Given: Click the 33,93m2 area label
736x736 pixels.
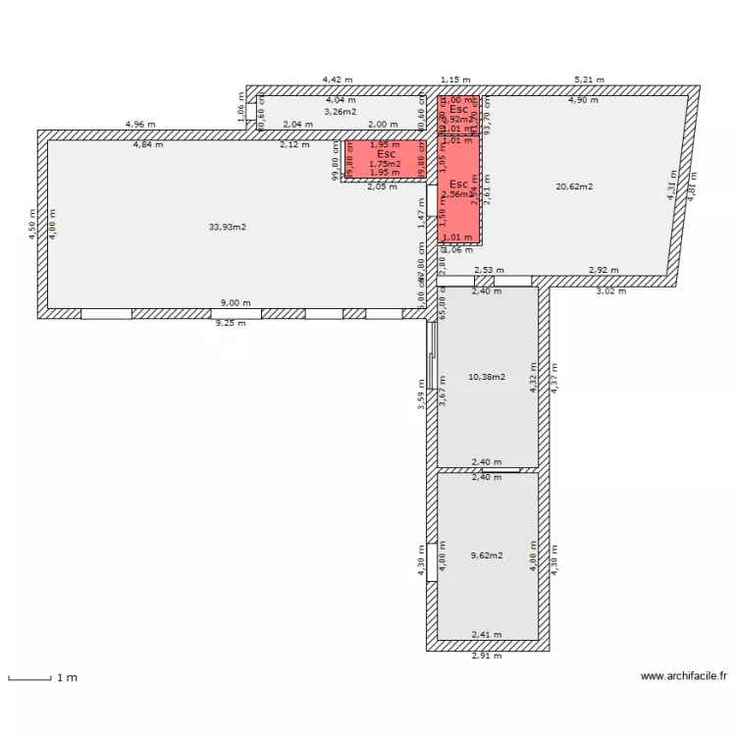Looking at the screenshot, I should (x=227, y=227).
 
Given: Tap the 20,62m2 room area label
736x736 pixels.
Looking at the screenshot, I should (x=574, y=185).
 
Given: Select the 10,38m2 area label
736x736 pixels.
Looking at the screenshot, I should (x=487, y=377).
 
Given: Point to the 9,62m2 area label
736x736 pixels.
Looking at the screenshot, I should (x=487, y=555).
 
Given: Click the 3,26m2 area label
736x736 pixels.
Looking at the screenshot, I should (x=341, y=111).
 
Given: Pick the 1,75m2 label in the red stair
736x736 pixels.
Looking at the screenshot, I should (x=385, y=164).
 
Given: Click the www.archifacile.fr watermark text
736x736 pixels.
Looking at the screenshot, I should (x=684, y=676).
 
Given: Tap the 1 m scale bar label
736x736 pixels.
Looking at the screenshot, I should (x=67, y=678).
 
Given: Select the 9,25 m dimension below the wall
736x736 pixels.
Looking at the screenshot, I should (x=233, y=323).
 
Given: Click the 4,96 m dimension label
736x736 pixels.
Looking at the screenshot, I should (x=140, y=125).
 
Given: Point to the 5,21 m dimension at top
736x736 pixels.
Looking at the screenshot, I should (x=589, y=80).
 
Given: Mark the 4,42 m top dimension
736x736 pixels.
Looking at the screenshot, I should (x=339, y=80).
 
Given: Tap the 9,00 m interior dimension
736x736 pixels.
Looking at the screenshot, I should (x=233, y=304).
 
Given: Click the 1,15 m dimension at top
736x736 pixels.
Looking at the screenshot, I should (x=455, y=80).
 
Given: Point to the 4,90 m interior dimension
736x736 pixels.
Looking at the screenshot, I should (x=583, y=100).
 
